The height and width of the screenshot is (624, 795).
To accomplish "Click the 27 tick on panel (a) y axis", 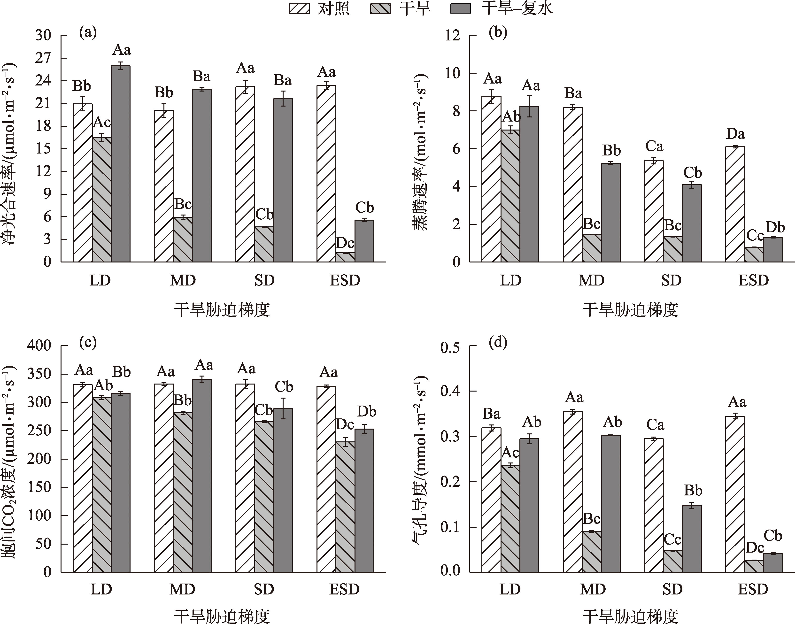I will click(x=44, y=58).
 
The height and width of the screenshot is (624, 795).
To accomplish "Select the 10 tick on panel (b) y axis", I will click(x=453, y=73).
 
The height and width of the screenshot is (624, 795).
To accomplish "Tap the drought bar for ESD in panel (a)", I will click(x=345, y=257).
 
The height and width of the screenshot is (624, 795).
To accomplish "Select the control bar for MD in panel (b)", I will click(x=572, y=185).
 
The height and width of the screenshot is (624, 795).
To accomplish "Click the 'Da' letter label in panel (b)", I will click(x=735, y=134).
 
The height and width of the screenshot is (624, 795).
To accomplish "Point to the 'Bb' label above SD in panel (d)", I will click(x=693, y=490).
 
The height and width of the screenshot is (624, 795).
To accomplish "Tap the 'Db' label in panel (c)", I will click(x=366, y=411).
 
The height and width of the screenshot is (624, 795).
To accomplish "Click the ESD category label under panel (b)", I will click(x=753, y=281).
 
